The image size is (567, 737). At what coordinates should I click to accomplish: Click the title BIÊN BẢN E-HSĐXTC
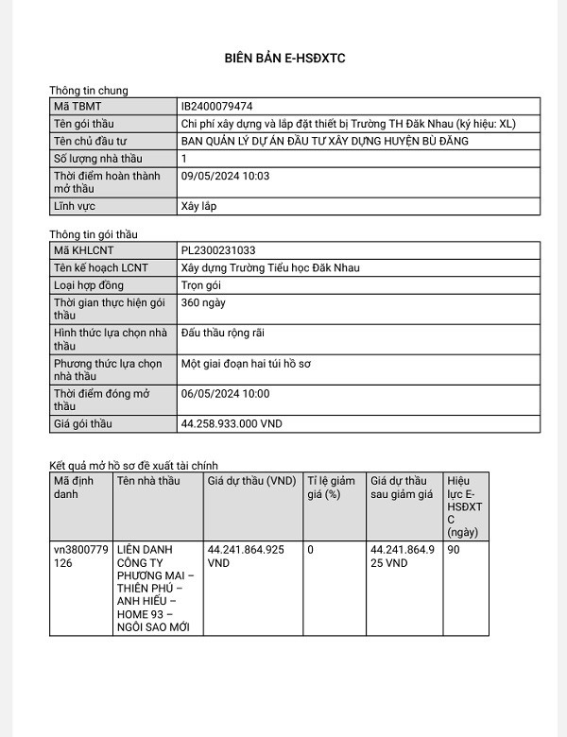tap(283, 59)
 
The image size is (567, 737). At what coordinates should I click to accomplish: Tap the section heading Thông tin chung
tap(88, 91)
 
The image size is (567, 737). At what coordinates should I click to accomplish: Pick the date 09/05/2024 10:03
tap(225, 176)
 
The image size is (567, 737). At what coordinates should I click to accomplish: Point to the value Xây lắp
tap(198, 205)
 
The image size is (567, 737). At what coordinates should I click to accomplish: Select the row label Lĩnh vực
tap(75, 205)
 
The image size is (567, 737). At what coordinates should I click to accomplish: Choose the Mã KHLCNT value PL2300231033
tap(217, 250)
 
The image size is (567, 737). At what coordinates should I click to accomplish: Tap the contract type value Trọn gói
tap(200, 284)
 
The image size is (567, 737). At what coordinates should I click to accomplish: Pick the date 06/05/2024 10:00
tap(225, 393)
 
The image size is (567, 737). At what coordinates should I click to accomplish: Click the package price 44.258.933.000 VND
tap(231, 423)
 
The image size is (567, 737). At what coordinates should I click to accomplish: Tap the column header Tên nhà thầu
tap(147, 481)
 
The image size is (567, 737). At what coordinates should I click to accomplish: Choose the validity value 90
tap(454, 549)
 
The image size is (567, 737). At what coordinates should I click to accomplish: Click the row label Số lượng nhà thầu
tap(97, 159)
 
